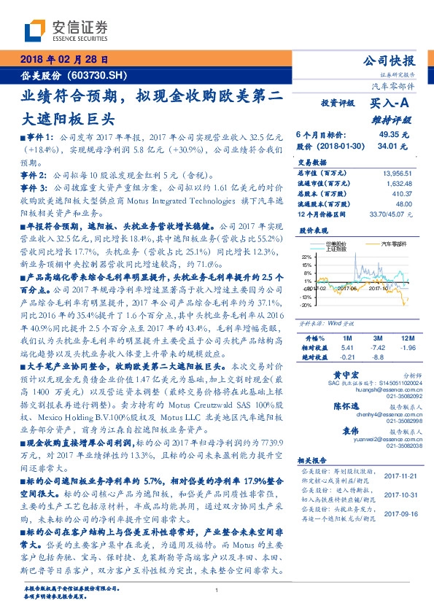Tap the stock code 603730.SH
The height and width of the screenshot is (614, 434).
click(x=99, y=75)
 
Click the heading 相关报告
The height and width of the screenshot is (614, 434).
click(x=311, y=462)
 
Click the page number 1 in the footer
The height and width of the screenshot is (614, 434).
click(x=217, y=590)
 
